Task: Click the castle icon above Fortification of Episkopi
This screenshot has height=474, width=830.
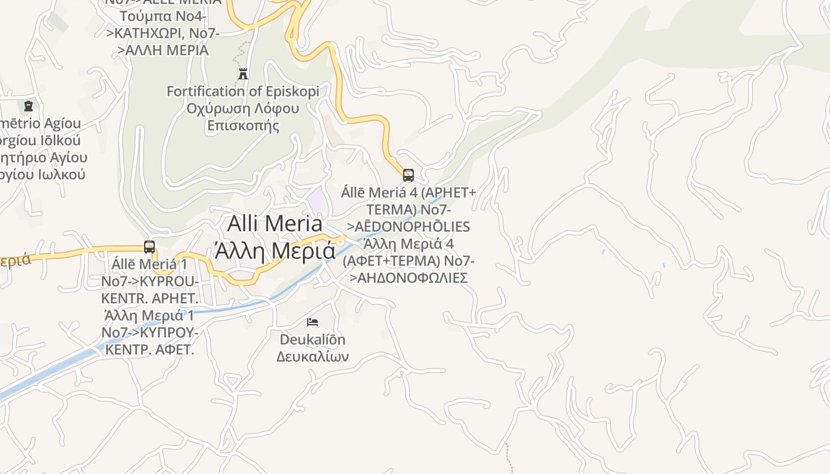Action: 243,73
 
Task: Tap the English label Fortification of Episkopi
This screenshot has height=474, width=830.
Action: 242,91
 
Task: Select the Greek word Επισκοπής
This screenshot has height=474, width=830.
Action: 242,126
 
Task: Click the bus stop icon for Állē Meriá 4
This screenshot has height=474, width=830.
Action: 408,175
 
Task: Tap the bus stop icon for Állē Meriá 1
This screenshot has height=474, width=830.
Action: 149,247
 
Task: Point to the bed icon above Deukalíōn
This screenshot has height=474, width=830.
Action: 312,322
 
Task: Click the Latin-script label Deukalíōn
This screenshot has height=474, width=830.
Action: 312,340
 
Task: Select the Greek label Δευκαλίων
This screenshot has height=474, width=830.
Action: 312,357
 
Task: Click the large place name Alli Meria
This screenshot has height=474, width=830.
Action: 275,223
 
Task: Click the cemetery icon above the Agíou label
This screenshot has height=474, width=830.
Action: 28,107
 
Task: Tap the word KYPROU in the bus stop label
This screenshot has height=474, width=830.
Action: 171,281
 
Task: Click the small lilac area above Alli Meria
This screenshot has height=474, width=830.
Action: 315,199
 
